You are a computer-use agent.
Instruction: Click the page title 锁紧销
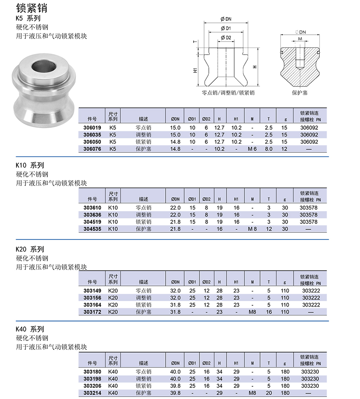coord(31,8)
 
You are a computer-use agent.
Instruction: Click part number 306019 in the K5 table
coord(92,128)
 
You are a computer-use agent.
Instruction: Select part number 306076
coord(92,149)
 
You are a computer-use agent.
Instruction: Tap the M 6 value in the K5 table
coord(252,149)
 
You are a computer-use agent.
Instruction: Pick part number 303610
coord(92,208)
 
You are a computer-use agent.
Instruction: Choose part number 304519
coord(92,222)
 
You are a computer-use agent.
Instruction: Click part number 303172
coord(92,312)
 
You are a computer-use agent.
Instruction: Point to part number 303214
coord(92,393)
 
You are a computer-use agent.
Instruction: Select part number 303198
coord(92,379)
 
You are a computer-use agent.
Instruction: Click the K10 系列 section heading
coord(30,165)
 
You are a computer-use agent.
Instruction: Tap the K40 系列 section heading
coord(30,329)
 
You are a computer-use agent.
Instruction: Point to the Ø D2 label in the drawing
coord(226,38)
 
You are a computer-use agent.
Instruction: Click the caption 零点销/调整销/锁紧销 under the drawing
coord(228,92)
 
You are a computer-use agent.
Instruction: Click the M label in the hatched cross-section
coord(300,39)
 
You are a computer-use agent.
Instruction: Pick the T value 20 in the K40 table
coord(268,393)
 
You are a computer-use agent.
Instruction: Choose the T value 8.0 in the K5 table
coord(268,149)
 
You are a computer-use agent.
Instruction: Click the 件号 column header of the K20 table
coord(92,282)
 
